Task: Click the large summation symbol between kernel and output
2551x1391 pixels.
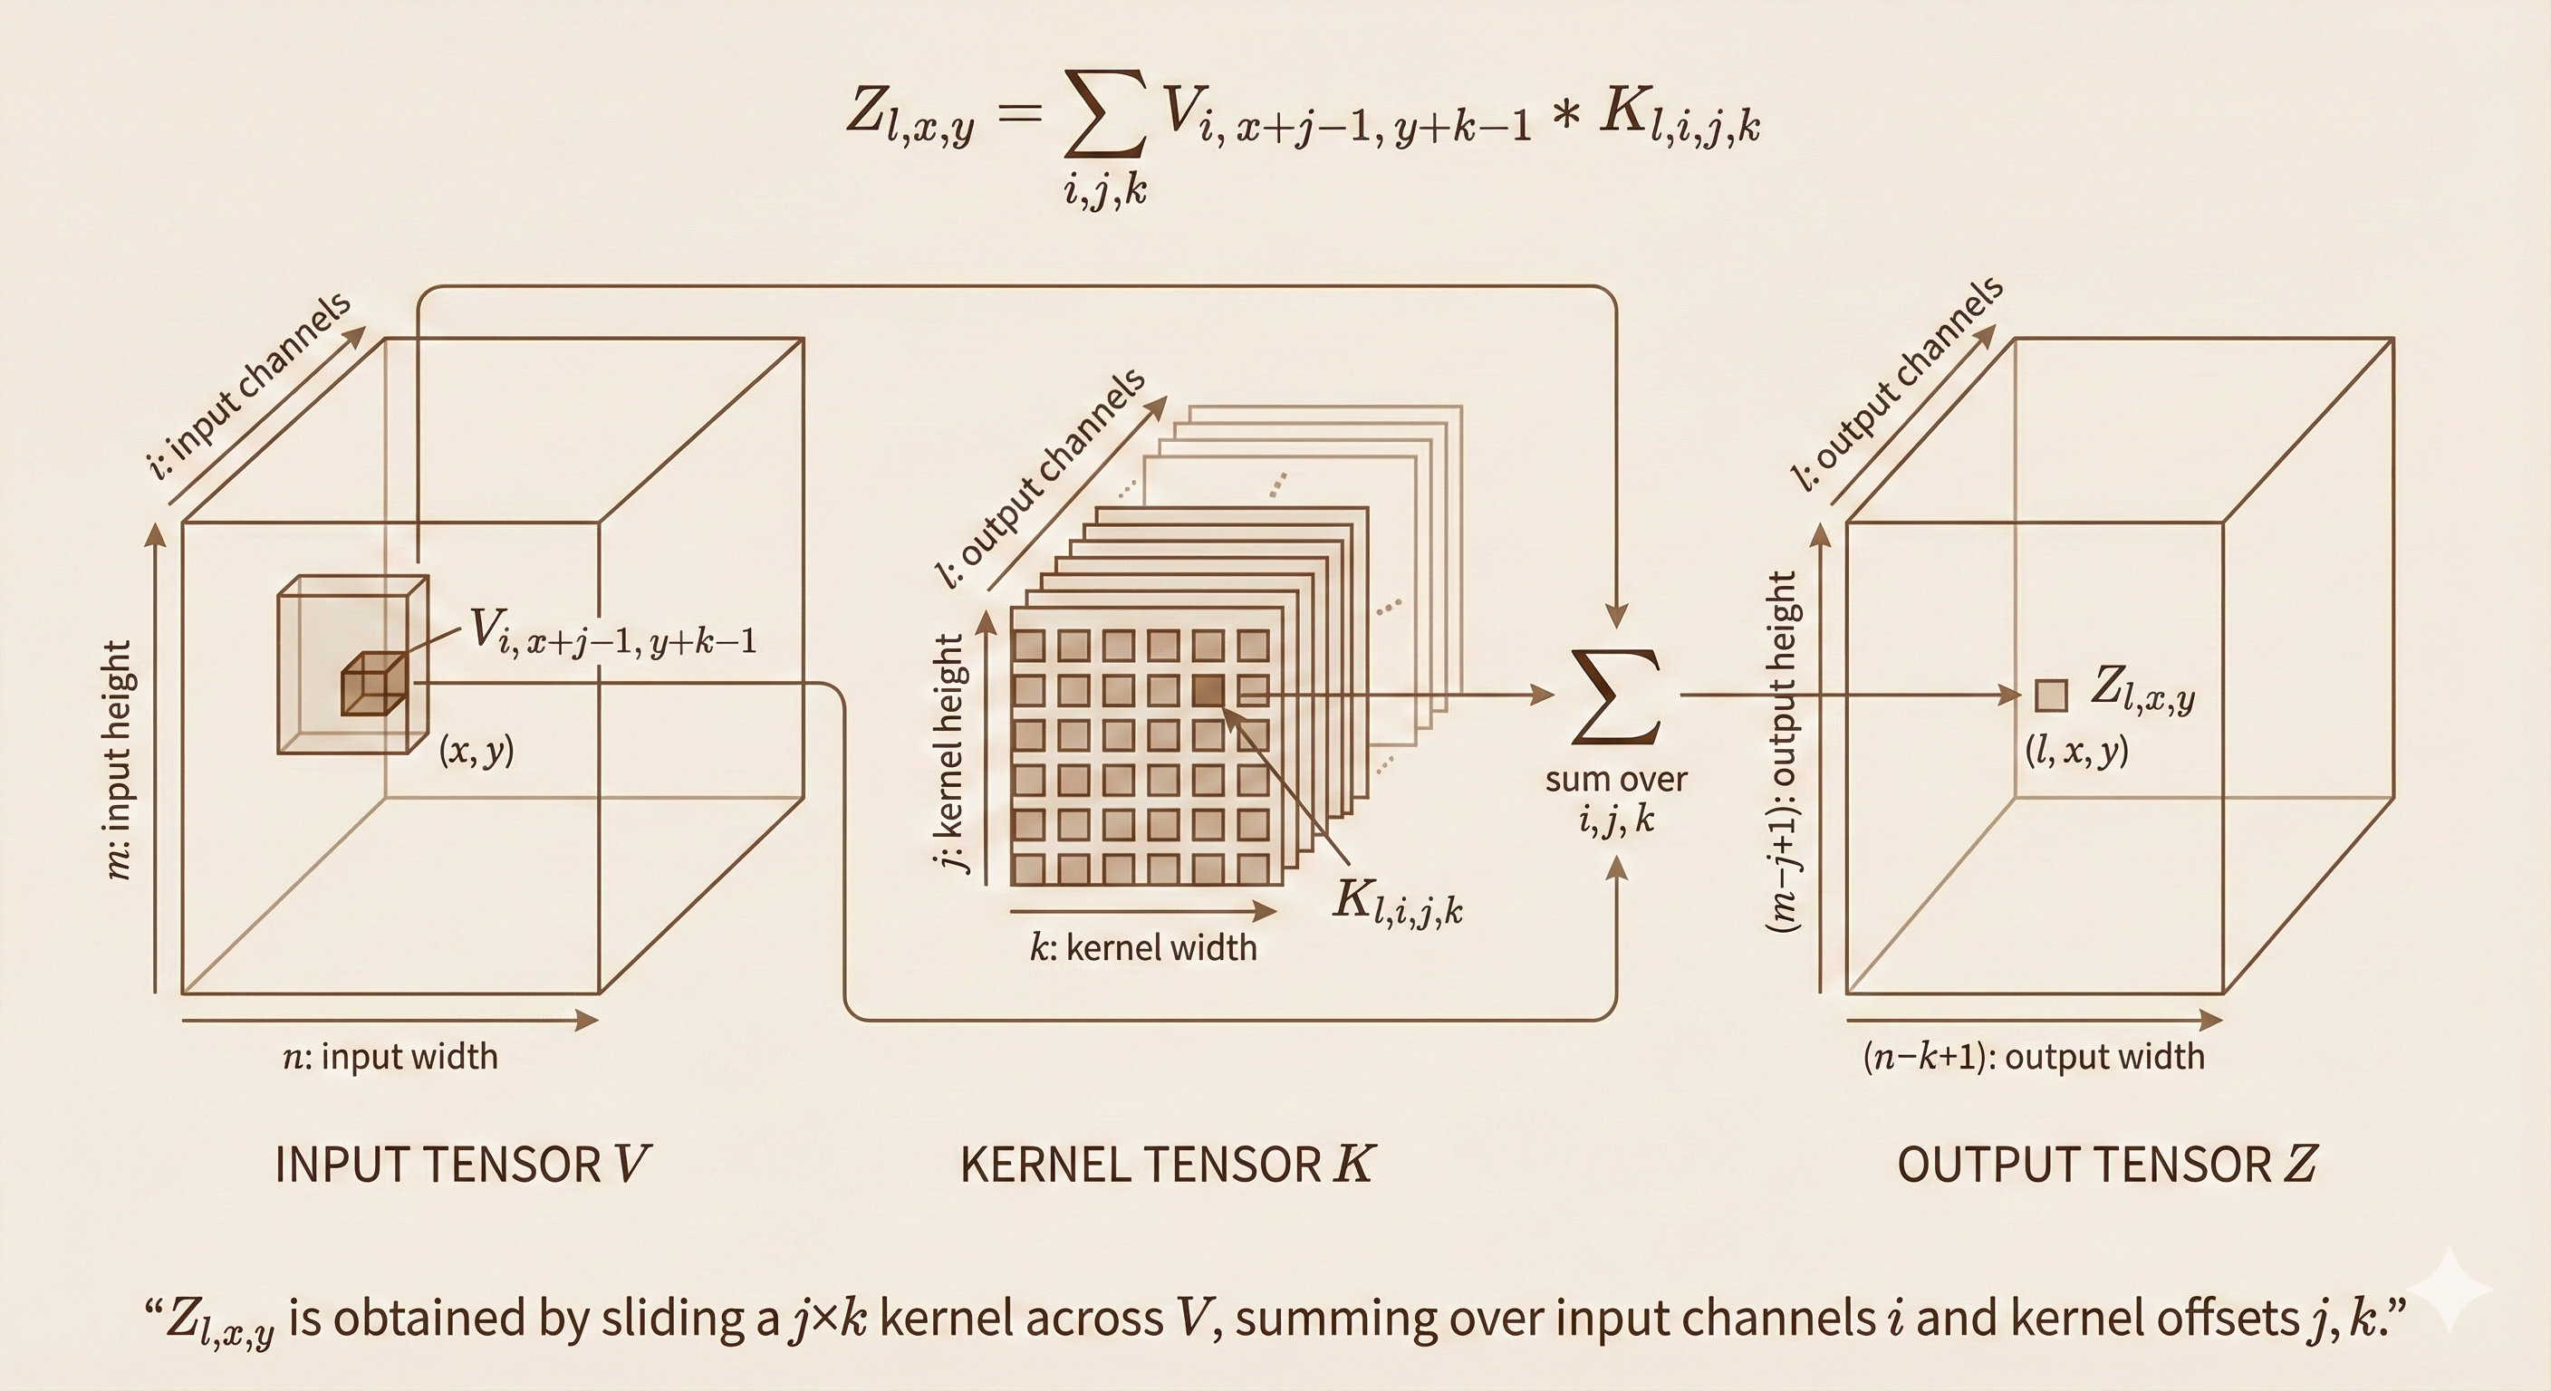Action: point(1616,697)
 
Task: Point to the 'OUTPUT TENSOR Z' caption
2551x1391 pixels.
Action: point(2106,1165)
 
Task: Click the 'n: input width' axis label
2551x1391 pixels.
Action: point(390,1058)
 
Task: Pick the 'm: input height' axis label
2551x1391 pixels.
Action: point(119,760)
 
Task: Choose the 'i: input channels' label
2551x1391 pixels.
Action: point(249,385)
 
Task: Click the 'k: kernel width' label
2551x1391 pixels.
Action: point(1143,948)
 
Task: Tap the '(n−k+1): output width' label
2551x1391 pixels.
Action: point(2034,1058)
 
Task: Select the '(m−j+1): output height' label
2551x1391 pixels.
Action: point(1782,753)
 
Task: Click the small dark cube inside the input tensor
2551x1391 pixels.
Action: point(373,684)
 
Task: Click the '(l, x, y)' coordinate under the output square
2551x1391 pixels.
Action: point(2076,753)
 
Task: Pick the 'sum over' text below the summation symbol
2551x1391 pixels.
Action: point(1616,780)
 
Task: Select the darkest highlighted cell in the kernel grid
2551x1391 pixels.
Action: point(1208,691)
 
